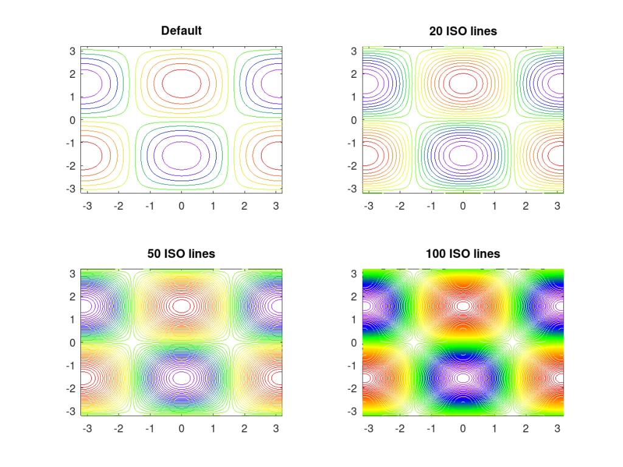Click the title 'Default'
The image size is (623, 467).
click(181, 30)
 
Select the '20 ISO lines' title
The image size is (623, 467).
click(463, 30)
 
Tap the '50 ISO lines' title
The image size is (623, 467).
click(181, 254)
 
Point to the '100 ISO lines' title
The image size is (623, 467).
click(463, 254)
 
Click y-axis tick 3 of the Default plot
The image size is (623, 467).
click(72, 51)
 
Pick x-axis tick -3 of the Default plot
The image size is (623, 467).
click(87, 206)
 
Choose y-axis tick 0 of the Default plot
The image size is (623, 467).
click(72, 120)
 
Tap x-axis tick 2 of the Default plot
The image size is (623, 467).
click(245, 206)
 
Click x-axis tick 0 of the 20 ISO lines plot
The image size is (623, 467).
click(463, 206)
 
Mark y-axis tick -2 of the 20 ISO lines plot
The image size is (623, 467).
click(352, 166)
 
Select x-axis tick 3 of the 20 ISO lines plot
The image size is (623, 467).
click(557, 206)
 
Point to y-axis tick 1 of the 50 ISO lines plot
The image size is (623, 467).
click(72, 320)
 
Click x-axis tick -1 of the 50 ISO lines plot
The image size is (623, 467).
click(150, 429)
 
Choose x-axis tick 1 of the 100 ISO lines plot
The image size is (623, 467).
click(495, 429)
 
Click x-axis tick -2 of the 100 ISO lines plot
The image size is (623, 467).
click(400, 429)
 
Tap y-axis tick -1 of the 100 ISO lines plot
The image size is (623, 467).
click(352, 366)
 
